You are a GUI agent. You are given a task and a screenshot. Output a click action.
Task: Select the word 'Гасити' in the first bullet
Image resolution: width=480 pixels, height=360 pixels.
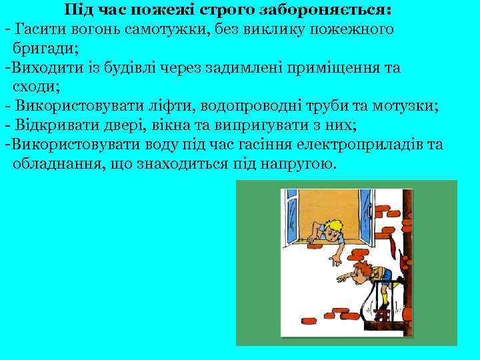pos(37,29)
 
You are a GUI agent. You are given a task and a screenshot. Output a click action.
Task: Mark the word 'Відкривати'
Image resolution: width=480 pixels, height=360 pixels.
pos(53,126)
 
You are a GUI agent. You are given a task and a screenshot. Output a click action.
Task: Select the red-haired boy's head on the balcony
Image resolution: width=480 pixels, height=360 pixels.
pos(364,271)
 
